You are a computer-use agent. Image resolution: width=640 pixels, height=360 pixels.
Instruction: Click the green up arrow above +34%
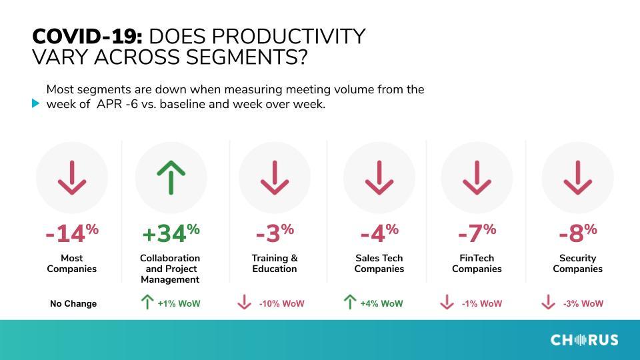[x=171, y=177]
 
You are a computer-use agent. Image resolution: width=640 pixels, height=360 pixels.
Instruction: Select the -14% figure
[x=72, y=233]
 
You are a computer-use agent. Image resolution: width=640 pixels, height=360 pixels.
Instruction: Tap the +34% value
[x=171, y=233]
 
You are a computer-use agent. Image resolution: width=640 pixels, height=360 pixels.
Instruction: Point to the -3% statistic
[x=275, y=233]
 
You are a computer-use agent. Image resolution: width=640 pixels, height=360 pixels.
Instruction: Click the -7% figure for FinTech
[x=477, y=233]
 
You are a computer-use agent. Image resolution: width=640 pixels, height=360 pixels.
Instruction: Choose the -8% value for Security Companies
[x=577, y=233]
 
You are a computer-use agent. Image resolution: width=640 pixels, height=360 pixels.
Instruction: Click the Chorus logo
[x=585, y=340]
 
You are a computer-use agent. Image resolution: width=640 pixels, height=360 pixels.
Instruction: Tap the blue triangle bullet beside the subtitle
[x=35, y=104]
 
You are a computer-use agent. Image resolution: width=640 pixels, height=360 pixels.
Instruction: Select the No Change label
[x=73, y=304]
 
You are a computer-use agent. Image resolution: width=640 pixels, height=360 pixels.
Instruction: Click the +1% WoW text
[x=179, y=304]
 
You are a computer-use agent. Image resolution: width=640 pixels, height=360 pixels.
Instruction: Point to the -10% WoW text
[x=281, y=304]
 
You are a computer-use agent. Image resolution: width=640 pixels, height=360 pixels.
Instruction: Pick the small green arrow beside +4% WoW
[x=349, y=302]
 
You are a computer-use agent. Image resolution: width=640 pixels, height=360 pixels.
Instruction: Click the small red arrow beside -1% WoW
[x=447, y=302]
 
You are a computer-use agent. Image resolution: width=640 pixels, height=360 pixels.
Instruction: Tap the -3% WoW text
[x=583, y=304]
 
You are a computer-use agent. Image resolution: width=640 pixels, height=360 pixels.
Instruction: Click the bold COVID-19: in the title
[x=87, y=36]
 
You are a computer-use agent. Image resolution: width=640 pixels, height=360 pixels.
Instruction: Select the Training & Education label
[x=275, y=263]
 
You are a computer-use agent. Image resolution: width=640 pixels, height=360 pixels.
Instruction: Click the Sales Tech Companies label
[x=379, y=263]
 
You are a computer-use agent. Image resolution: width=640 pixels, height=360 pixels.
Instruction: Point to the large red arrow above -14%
[x=72, y=177]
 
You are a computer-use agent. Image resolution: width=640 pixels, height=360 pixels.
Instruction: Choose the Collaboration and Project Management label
[x=170, y=269]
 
